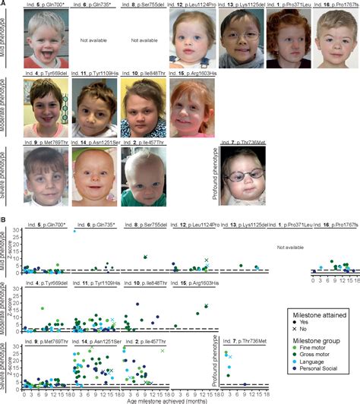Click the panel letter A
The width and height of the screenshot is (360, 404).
4,4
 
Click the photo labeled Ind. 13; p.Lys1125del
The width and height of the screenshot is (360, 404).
239,38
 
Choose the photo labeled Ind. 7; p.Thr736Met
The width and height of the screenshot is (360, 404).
244,173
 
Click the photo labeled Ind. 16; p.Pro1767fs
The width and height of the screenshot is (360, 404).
337,38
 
